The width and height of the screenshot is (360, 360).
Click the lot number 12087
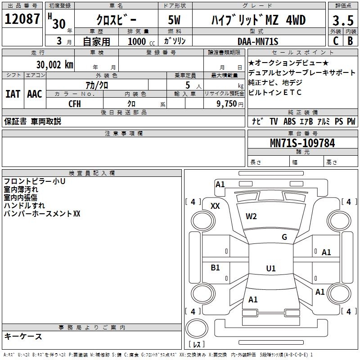point(22,19)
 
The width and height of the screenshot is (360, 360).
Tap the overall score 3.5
point(343,20)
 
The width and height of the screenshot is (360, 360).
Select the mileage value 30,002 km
point(54,65)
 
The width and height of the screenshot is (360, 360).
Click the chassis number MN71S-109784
point(302,143)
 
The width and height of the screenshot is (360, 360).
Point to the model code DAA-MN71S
point(258,41)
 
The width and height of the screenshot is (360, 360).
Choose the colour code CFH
point(75,104)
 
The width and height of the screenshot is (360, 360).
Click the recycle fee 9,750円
point(230,104)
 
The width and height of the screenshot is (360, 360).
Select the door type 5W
point(174,20)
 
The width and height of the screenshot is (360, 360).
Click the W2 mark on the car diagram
point(251,216)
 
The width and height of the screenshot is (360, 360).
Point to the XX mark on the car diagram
point(215,206)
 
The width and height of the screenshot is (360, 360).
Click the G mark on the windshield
point(284,237)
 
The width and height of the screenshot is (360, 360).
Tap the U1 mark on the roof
point(271,268)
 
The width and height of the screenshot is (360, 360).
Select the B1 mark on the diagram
point(215,267)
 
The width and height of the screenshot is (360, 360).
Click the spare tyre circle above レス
point(197,328)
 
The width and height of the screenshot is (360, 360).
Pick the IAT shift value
point(13,94)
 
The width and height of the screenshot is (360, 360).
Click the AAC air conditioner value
point(35,94)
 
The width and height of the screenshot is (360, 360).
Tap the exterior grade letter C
point(336,41)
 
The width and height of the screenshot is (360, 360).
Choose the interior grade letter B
point(350,41)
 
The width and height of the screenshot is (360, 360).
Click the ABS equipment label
point(289,121)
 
